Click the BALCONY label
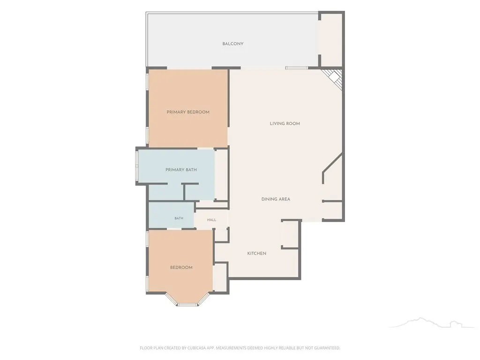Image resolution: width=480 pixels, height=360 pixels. pos(232,44)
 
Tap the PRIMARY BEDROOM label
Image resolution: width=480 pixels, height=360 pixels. pos(188,112)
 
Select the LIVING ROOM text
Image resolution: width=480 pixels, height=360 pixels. pos(285,124)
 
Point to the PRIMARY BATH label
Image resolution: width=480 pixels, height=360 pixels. pos(181,170)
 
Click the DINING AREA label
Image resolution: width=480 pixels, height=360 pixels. pos(276,199)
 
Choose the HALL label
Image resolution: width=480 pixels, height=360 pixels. pos(211,220)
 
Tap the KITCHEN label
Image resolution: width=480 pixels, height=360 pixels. pos(256,254)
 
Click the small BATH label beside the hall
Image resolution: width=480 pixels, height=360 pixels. pos(179,218)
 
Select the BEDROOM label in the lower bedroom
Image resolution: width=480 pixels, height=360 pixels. pos(181,268)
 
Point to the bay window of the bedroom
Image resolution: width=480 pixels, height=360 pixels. pos(187,300)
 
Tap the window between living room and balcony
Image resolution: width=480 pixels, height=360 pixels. pos(296,68)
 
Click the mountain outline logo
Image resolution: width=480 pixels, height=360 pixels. pos(431,322)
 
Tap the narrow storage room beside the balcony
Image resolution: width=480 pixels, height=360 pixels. pos(331,40)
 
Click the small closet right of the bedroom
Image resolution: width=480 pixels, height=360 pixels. pos(220,277)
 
